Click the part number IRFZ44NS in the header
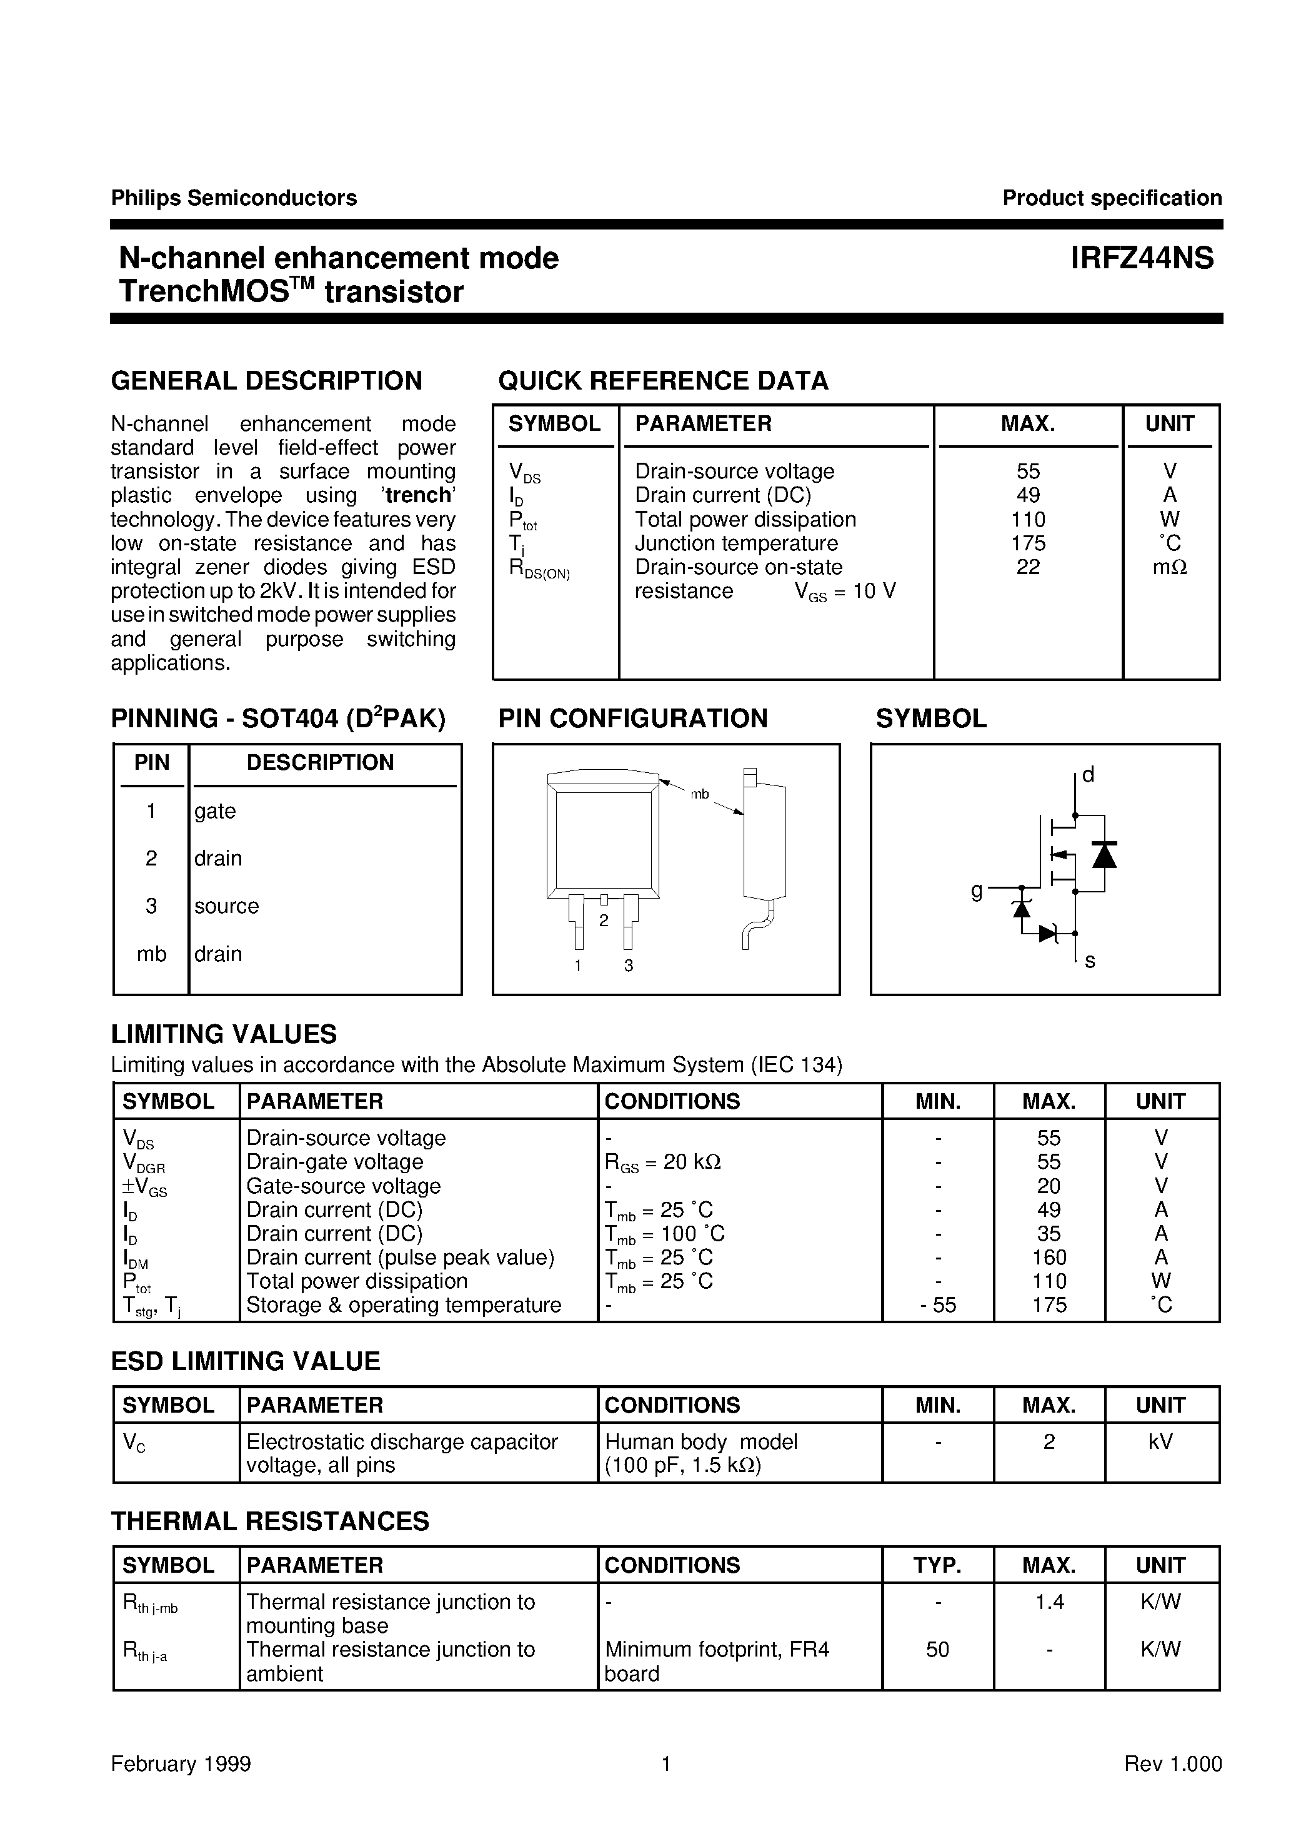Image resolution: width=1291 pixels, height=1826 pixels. click(1142, 258)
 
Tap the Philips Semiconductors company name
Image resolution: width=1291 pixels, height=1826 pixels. click(234, 198)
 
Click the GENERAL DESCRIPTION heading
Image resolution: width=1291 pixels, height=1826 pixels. click(266, 381)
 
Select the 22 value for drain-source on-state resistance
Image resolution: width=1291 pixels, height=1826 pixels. click(1028, 567)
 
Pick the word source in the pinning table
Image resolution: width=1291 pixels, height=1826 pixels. click(227, 906)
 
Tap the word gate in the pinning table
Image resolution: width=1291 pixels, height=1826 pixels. click(214, 811)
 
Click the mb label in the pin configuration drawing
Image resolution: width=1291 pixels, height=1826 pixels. click(700, 794)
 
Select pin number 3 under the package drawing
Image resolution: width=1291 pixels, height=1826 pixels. click(629, 966)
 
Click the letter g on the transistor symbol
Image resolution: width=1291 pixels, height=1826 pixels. click(977, 890)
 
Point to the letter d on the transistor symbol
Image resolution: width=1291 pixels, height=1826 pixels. click(1089, 775)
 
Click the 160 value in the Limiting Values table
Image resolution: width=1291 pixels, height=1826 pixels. click(1049, 1258)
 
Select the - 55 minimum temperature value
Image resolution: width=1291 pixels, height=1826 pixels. click(938, 1305)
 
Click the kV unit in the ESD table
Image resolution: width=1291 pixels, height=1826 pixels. click(1160, 1442)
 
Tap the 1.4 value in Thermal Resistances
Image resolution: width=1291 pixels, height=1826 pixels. click(1049, 1602)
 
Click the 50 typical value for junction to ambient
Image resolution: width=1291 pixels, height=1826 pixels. click(938, 1650)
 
